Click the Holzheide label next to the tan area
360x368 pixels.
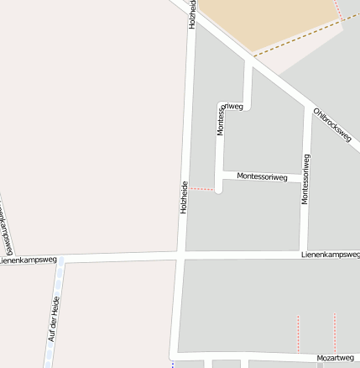(192, 14)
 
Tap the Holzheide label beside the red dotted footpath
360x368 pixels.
(184, 197)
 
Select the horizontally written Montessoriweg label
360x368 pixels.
(262, 177)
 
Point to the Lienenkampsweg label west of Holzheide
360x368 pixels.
(29, 260)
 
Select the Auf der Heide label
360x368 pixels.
(53, 318)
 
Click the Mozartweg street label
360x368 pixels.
(335, 358)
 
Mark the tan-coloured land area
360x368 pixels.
(269, 21)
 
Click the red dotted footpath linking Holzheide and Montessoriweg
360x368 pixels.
(201, 189)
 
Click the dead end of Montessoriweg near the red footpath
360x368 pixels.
(218, 190)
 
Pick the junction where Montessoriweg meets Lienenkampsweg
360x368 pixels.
(305, 253)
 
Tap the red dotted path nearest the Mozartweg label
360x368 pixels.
(334, 332)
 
